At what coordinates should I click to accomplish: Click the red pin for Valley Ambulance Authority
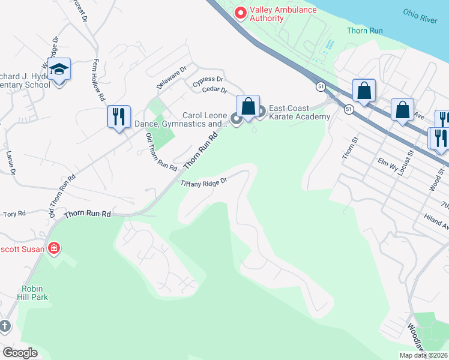click(x=241, y=13)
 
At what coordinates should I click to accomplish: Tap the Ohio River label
click(x=420, y=16)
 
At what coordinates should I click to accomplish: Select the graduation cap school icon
click(x=59, y=70)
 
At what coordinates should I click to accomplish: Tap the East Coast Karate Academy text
click(x=299, y=112)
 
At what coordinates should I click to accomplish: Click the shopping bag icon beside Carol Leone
click(x=248, y=107)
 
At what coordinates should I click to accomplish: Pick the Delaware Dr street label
click(x=168, y=79)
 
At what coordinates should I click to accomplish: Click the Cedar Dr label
click(x=215, y=91)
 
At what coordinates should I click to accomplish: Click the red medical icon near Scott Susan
click(x=54, y=248)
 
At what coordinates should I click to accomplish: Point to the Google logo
click(x=20, y=353)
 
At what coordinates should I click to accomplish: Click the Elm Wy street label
click(x=385, y=161)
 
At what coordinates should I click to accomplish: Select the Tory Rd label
click(x=14, y=214)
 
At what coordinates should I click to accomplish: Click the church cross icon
click(x=5, y=326)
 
